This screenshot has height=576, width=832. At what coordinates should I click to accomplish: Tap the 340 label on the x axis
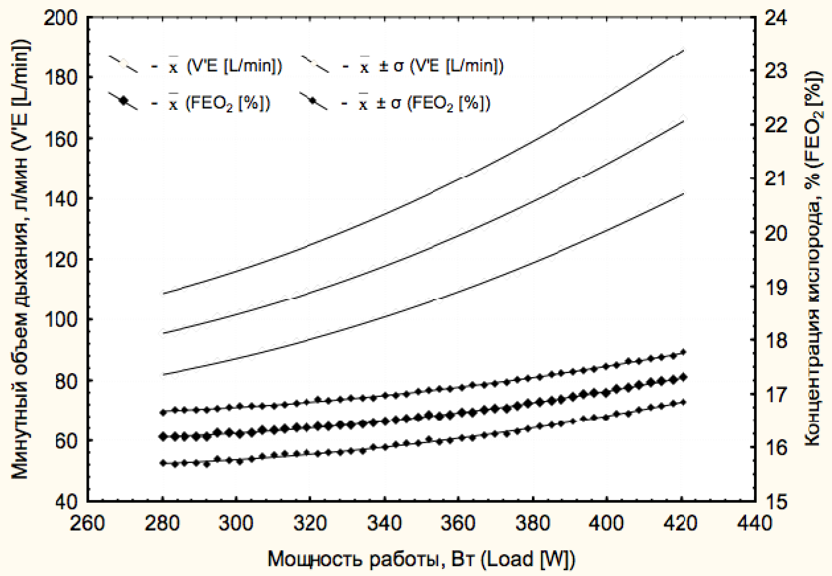coord(385,524)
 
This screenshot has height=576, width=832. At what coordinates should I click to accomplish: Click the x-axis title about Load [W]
coord(421,559)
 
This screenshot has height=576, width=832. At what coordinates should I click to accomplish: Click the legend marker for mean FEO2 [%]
coord(123,101)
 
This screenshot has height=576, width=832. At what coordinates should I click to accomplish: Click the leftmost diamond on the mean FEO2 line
coord(163,436)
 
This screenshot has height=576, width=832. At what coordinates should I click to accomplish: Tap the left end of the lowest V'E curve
coord(163,374)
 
